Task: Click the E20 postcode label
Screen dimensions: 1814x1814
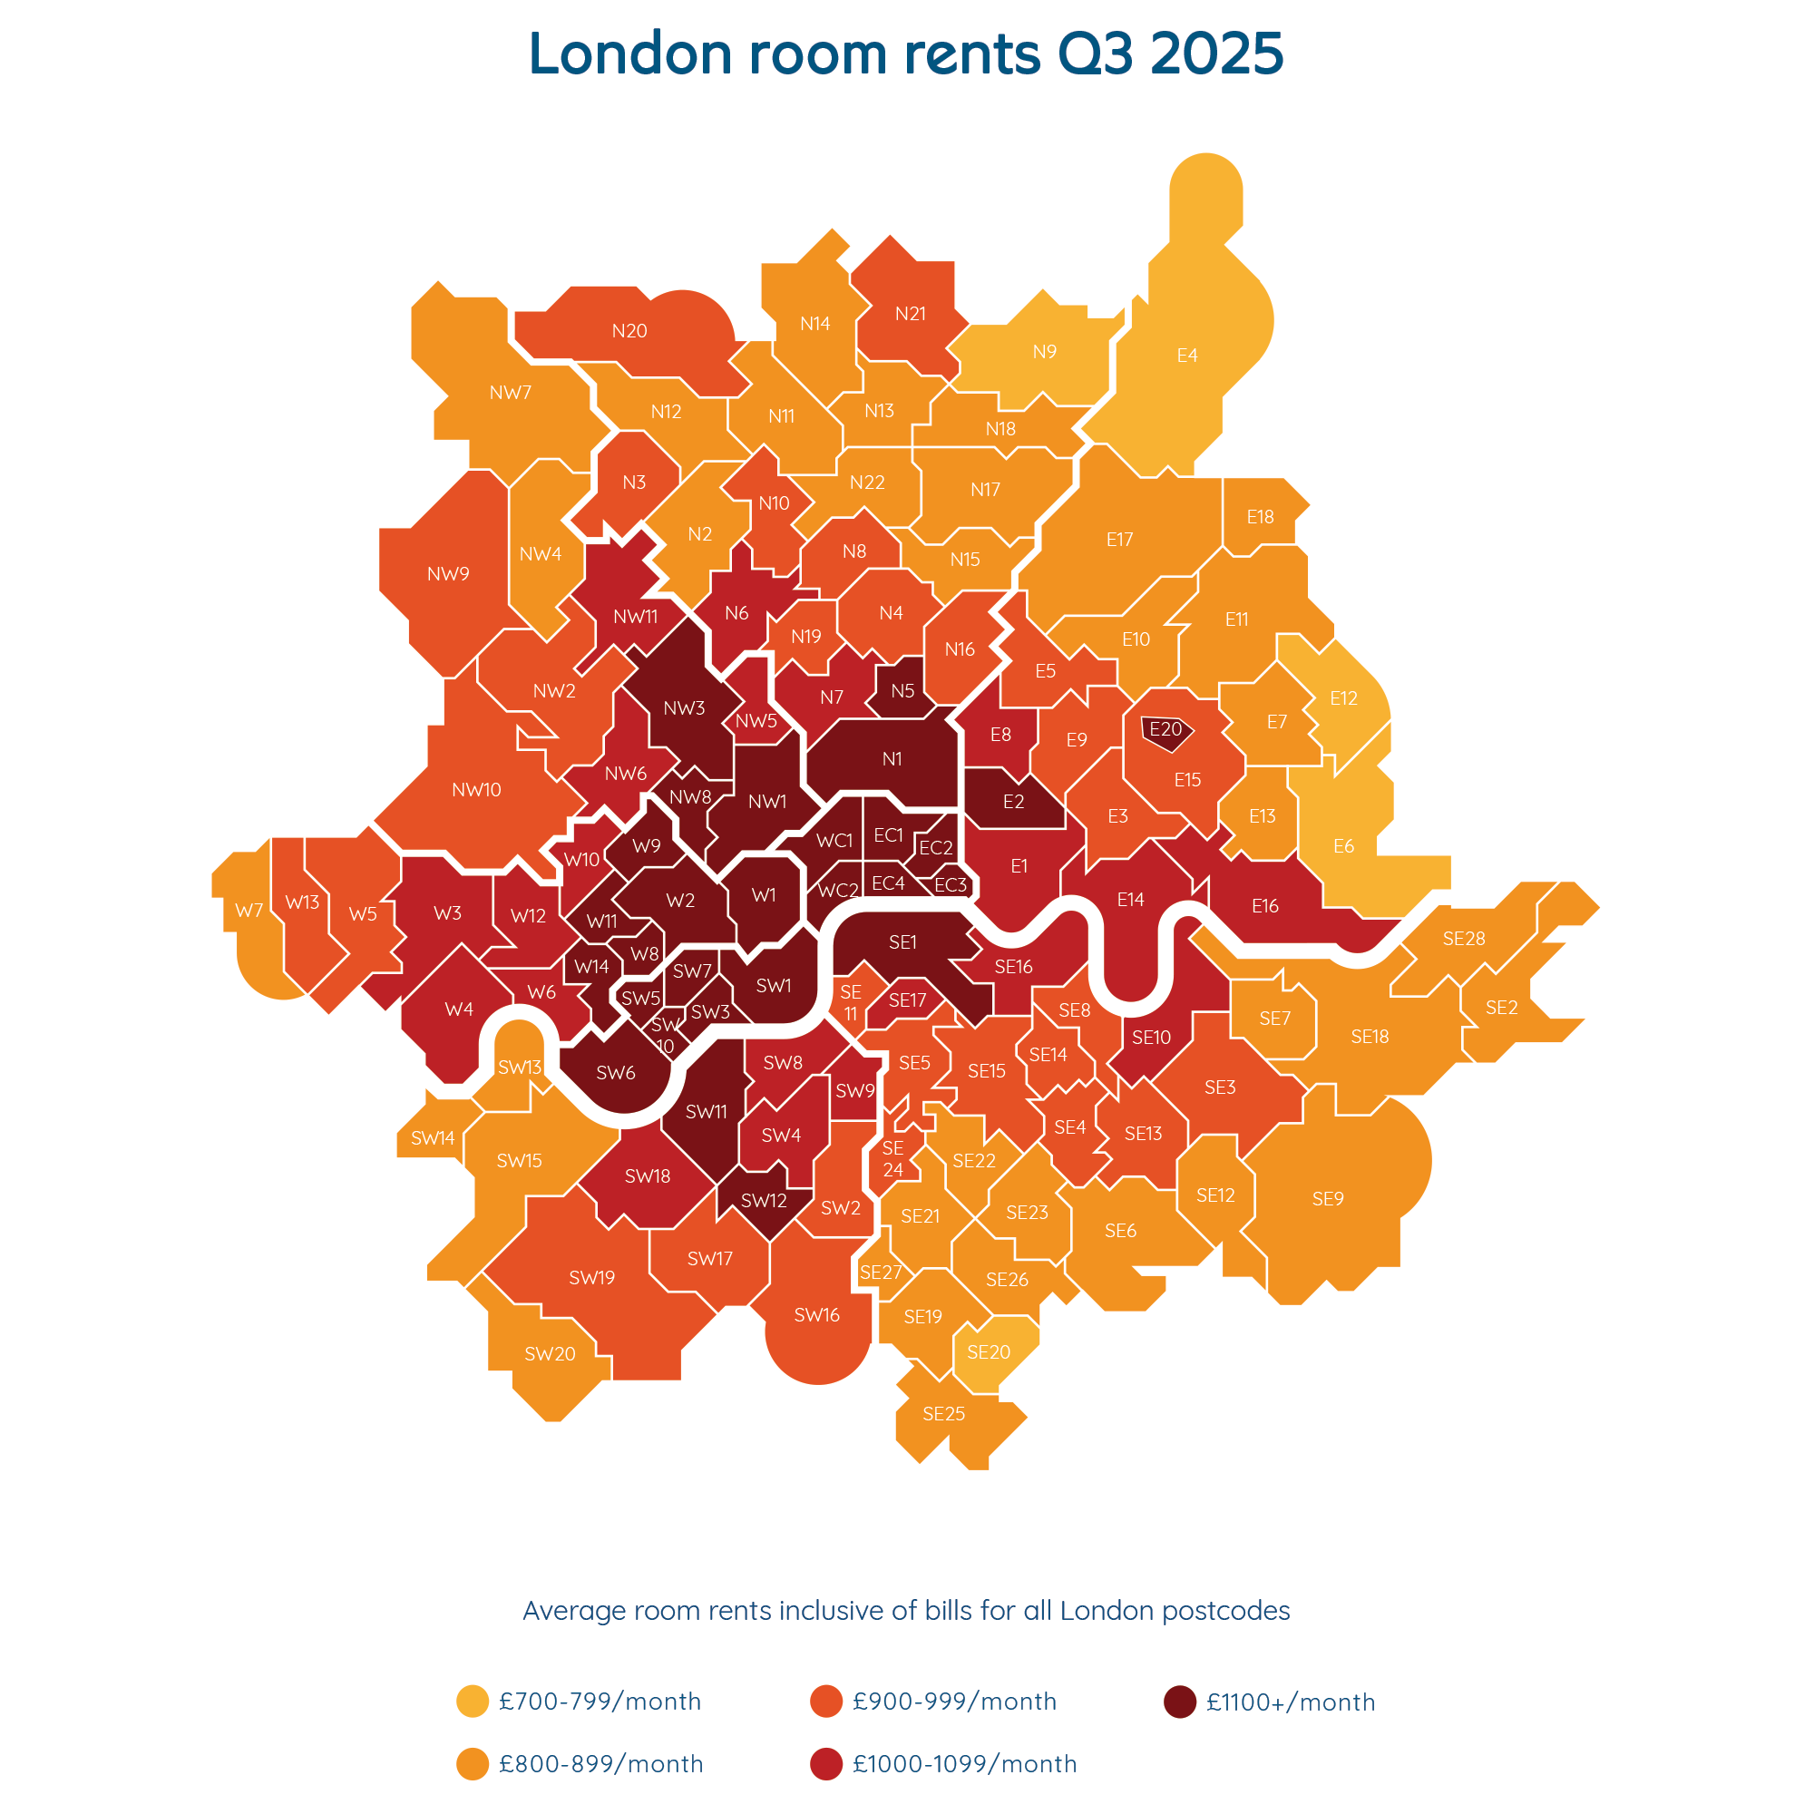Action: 1165,728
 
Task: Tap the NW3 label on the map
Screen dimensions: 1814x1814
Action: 684,708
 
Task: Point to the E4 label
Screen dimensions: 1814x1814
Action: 1186,355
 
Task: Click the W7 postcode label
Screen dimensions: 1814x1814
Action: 249,910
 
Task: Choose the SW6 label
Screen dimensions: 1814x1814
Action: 616,1072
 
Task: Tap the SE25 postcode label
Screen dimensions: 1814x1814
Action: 943,1414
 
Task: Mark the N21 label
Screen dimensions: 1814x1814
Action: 911,314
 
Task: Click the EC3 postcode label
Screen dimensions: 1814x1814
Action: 951,884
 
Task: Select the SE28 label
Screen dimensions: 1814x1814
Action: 1464,938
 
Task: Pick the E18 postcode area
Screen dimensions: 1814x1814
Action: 1260,516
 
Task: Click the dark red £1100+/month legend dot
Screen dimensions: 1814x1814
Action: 1179,1702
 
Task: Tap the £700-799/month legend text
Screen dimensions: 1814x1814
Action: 600,1702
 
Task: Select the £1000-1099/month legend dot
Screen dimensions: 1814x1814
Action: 826,1764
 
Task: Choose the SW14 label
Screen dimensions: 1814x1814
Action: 433,1138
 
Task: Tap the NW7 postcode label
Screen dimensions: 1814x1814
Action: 511,393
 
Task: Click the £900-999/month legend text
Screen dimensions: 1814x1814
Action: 955,1702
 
